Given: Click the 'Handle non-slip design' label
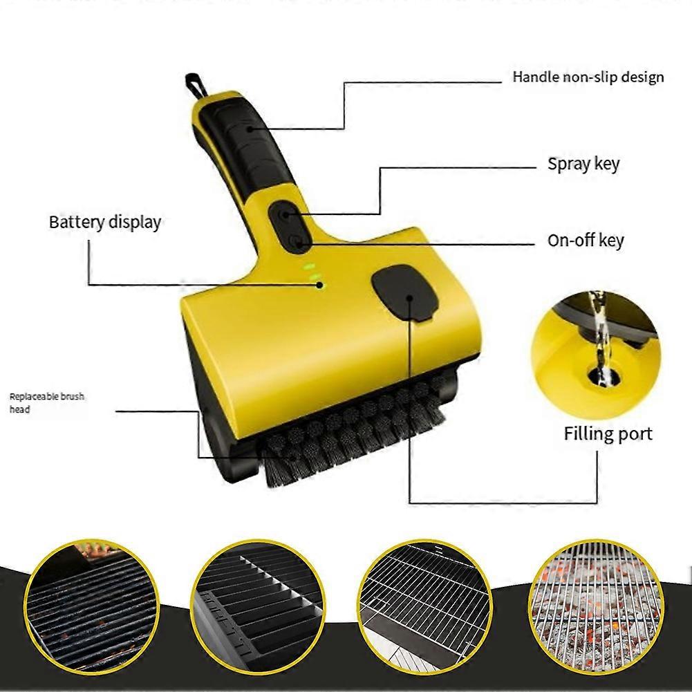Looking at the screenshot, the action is (588, 77).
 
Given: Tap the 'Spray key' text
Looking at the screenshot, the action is (583, 164).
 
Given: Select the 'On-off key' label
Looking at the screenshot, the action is (586, 241).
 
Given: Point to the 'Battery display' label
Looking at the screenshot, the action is (104, 222).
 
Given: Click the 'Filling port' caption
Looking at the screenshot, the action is (608, 433).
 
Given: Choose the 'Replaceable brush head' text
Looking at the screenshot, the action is (46, 402).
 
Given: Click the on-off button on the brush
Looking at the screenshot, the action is (296, 241).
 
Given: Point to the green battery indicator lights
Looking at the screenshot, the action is (314, 276).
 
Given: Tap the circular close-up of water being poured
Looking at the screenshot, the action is (595, 356).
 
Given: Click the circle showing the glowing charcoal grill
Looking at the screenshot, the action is (596, 608).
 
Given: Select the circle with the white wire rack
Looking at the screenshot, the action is (425, 607).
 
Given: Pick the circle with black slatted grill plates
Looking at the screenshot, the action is (258, 607).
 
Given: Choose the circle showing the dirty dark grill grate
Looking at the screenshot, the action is (92, 607).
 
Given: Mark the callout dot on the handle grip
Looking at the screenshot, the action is (250, 129).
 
